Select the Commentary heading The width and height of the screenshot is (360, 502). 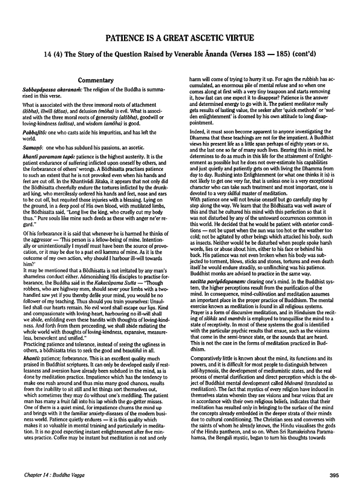click(98, 79)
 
